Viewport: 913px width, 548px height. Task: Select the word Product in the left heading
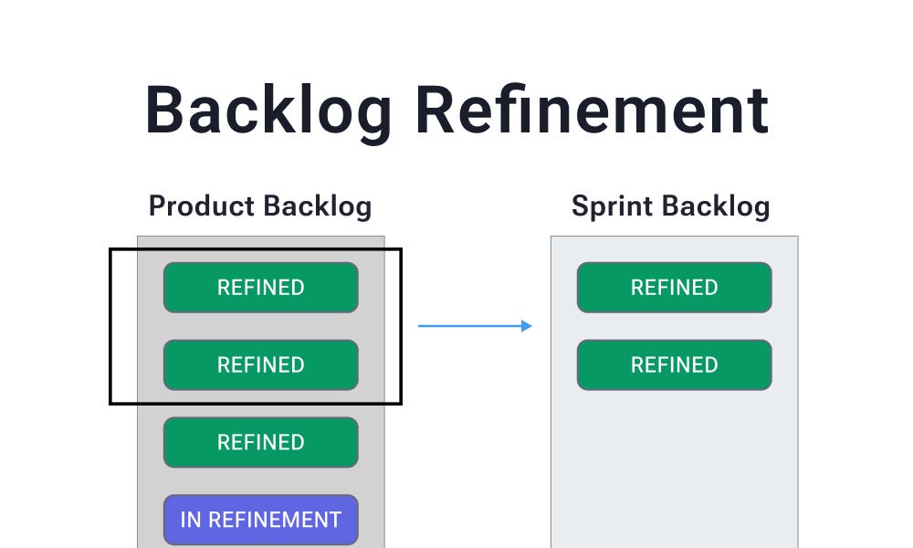[201, 205]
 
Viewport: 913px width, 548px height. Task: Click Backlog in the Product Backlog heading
[316, 205]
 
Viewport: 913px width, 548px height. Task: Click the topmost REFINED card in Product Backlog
[260, 288]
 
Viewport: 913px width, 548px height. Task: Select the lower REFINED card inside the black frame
[260, 364]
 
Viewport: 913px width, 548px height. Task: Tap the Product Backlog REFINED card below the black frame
[260, 442]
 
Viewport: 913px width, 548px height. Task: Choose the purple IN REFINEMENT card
[260, 520]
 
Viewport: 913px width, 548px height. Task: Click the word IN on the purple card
[191, 520]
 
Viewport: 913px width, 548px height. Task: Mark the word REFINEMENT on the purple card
[275, 520]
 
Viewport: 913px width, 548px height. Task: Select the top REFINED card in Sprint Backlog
[674, 288]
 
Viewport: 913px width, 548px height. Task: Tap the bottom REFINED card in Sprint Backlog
[674, 364]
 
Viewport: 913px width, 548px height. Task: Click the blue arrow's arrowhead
[527, 326]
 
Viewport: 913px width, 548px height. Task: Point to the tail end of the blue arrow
[420, 326]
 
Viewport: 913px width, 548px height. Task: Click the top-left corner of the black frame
[110, 248]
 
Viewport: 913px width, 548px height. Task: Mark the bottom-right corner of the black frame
[401, 403]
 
